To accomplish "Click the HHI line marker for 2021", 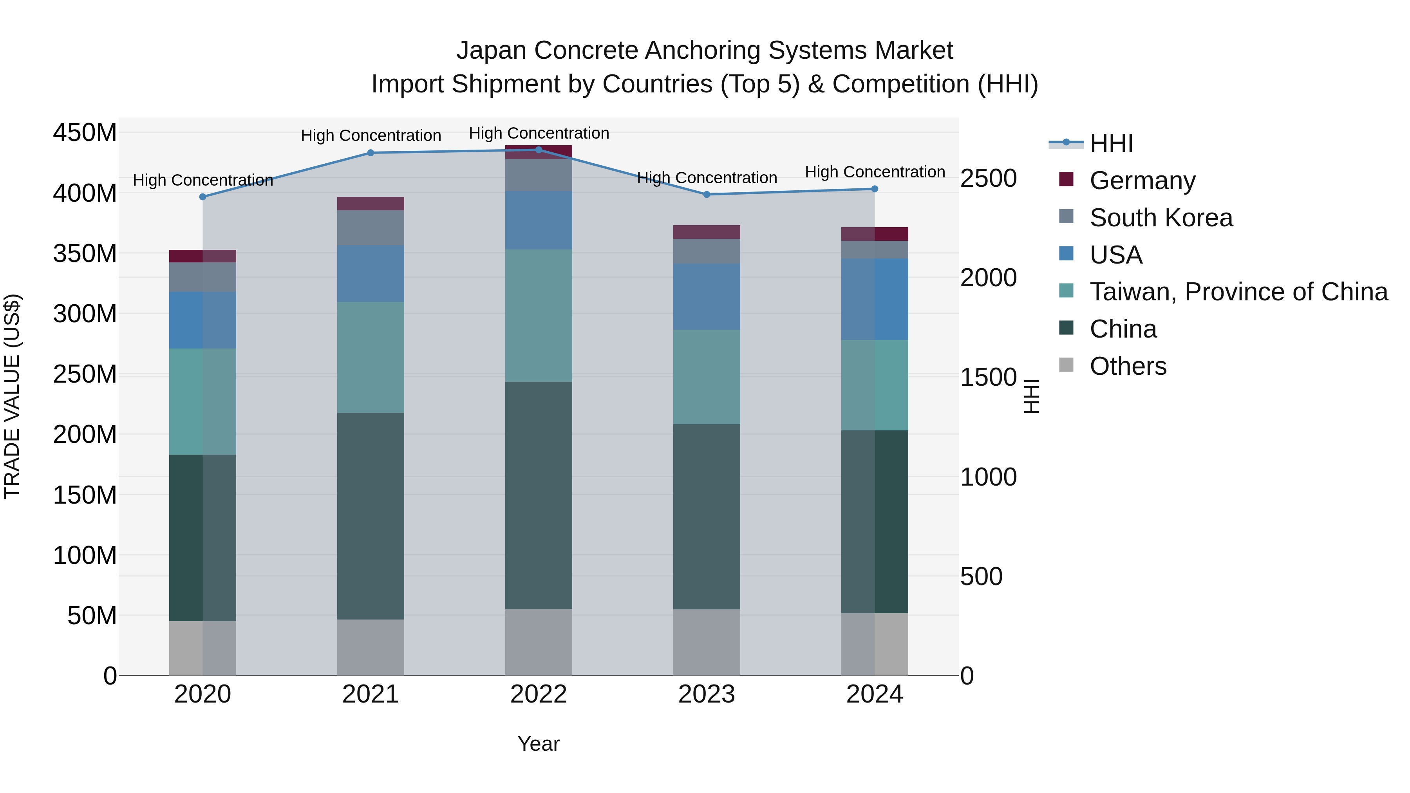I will coord(371,153).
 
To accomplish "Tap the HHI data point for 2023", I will coord(706,194).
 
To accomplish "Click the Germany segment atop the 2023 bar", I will coord(706,232).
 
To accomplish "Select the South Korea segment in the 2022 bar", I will coord(538,175).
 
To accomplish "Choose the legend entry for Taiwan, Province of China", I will coord(1238,292).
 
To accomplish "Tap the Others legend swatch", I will coord(1066,365).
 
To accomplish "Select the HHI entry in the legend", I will coord(1111,143).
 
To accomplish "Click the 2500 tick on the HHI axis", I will coord(989,179).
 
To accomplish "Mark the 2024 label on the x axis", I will coord(874,694).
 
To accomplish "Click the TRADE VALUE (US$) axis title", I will coord(12,396).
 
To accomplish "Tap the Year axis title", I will coord(538,744).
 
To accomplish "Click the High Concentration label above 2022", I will coord(539,133).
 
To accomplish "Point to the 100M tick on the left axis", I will coord(85,555).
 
